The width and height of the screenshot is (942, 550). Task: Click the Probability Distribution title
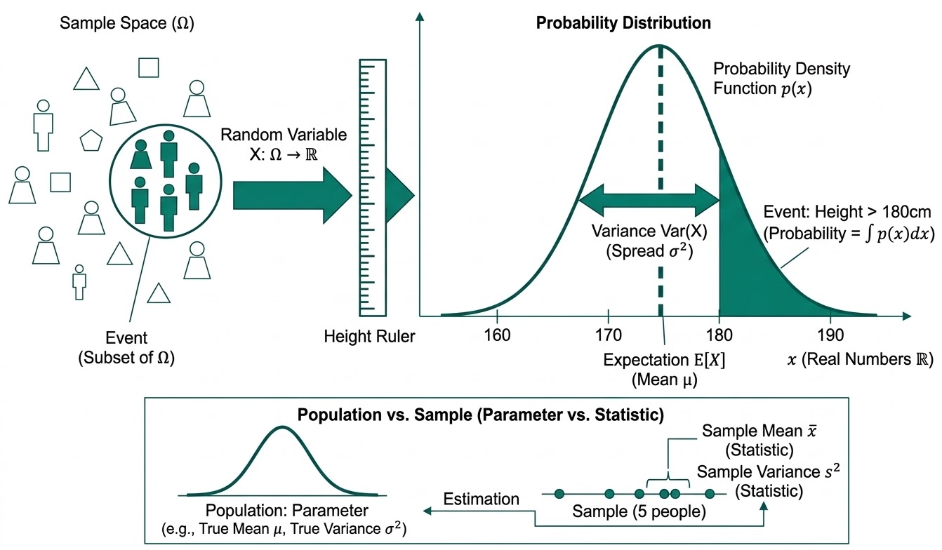pos(623,22)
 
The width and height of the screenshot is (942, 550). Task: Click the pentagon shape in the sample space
pos(91,140)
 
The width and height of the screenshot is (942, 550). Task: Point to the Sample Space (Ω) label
pos(127,22)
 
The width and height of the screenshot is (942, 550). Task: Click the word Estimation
pos(481,499)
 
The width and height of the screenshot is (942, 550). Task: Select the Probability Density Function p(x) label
pos(781,79)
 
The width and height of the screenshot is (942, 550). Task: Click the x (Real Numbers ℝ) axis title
pos(859,359)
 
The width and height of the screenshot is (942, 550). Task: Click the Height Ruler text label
pos(369,337)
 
